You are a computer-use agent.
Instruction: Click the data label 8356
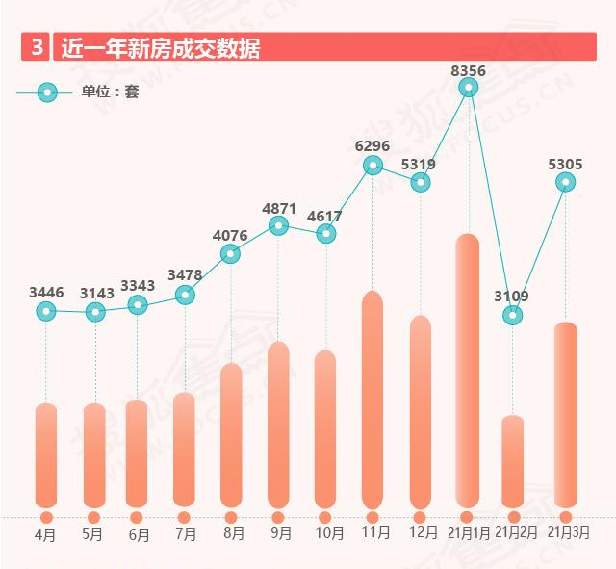click(468, 70)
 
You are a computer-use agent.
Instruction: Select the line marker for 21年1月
click(469, 88)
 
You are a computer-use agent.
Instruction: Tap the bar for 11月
click(372, 400)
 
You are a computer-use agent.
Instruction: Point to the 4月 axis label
click(46, 533)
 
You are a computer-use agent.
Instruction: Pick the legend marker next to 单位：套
click(46, 92)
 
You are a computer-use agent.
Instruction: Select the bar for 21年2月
click(513, 461)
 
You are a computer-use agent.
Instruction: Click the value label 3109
click(512, 297)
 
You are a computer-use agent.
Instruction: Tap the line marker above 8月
click(231, 254)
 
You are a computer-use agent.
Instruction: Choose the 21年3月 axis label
click(568, 531)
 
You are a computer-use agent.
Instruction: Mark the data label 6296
click(372, 145)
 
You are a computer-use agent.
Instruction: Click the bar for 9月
click(278, 425)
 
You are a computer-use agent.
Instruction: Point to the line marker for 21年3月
click(566, 182)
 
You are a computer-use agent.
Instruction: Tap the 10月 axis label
click(328, 533)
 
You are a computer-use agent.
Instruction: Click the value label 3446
click(46, 292)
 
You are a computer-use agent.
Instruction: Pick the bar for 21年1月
click(468, 371)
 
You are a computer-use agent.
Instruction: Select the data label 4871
click(278, 207)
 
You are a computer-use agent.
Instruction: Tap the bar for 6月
click(137, 453)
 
